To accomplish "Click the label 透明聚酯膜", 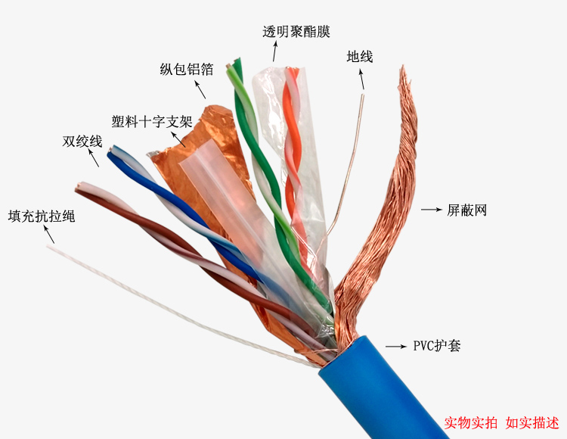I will [x=296, y=31].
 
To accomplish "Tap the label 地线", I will [x=359, y=57].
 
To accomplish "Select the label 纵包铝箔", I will [x=186, y=70].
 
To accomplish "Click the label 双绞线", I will [x=82, y=141].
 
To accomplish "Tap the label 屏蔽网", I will [x=466, y=210].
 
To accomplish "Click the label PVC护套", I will [x=436, y=346].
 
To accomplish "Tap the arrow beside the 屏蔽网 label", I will [x=430, y=209].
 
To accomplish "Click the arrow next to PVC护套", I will [x=395, y=346].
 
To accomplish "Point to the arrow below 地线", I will [x=361, y=79].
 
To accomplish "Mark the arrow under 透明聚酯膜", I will [x=274, y=51].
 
